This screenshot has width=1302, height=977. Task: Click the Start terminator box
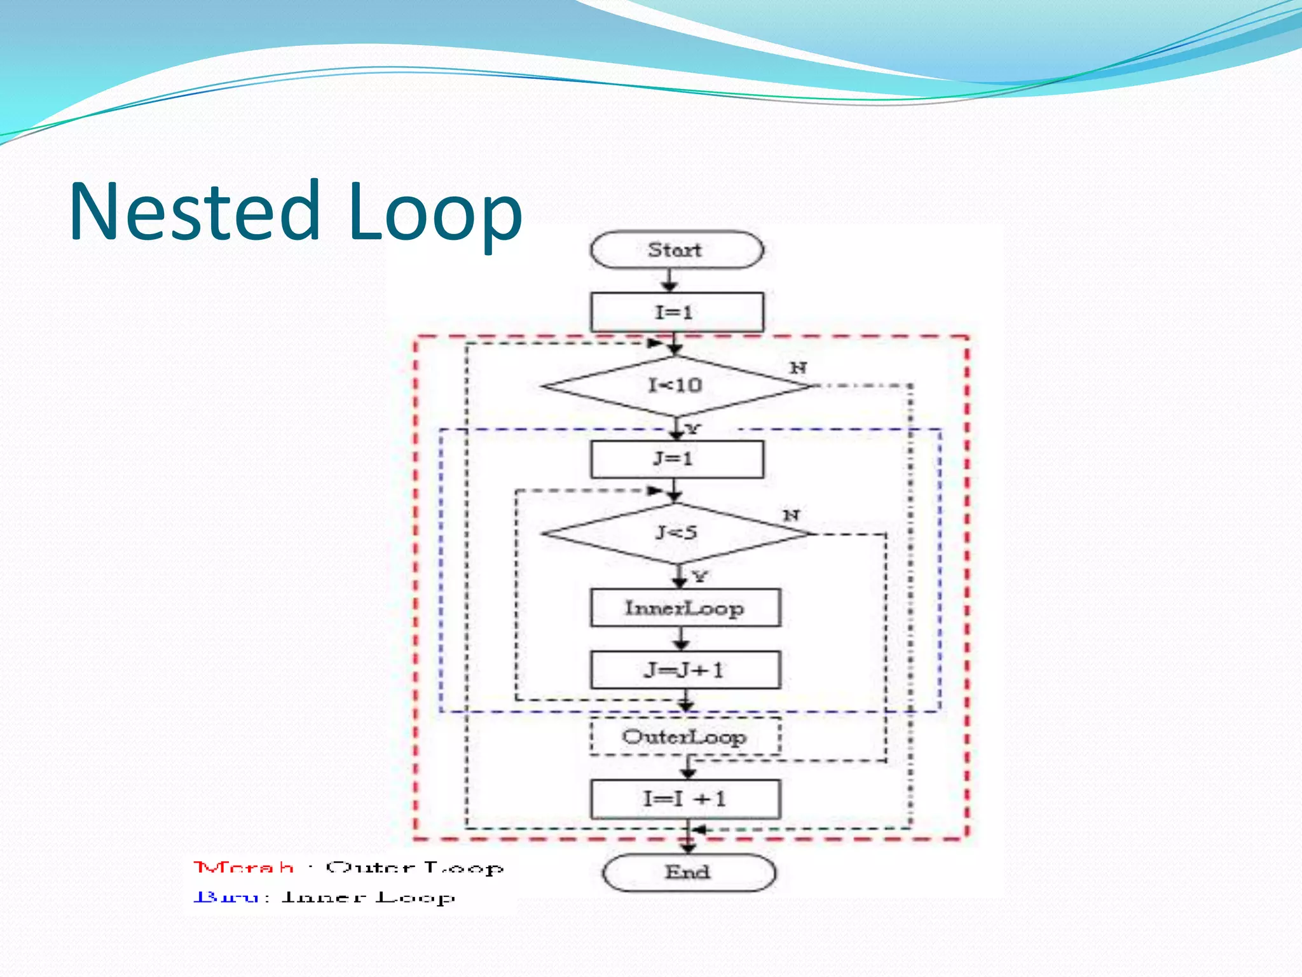pyautogui.click(x=676, y=250)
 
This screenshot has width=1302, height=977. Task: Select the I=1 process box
pyautogui.click(x=676, y=312)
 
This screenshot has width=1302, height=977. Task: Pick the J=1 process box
pyautogui.click(x=676, y=459)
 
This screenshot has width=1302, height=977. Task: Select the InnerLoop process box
pyautogui.click(x=685, y=608)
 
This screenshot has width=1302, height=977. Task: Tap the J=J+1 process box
pyautogui.click(x=685, y=670)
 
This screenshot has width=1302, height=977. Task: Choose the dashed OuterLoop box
pyautogui.click(x=685, y=737)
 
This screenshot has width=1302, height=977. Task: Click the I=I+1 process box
pyautogui.click(x=685, y=799)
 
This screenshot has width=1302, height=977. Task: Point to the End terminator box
pyautogui.click(x=689, y=872)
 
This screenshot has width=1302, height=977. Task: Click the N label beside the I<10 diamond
pyautogui.click(x=798, y=368)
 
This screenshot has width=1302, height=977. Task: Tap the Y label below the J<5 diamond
pyautogui.click(x=700, y=577)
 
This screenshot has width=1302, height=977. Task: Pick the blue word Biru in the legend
pyautogui.click(x=226, y=897)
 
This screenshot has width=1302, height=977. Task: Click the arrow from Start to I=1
pyautogui.click(x=669, y=280)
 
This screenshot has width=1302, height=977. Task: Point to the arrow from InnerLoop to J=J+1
pyautogui.click(x=681, y=639)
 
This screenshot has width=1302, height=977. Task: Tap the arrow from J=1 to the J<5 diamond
pyautogui.click(x=675, y=490)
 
